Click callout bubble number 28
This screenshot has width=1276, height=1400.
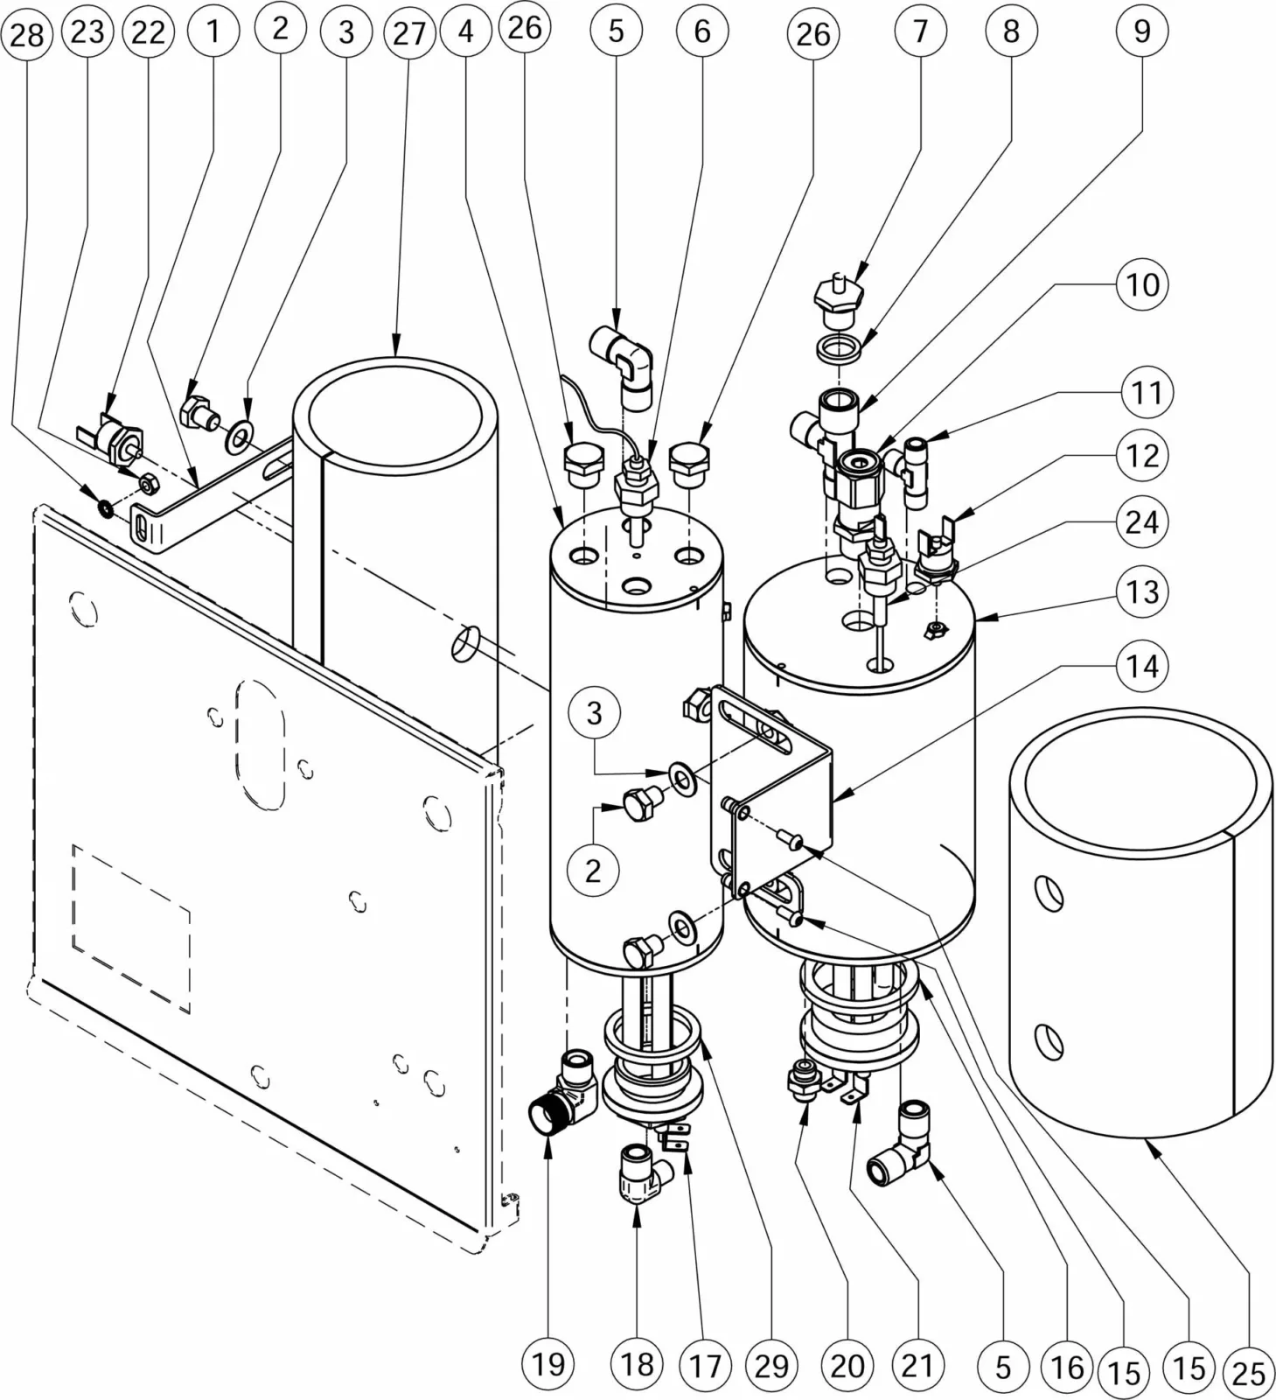[x=27, y=34]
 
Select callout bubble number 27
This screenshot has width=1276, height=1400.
[x=408, y=32]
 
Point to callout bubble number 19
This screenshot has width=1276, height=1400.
[x=548, y=1363]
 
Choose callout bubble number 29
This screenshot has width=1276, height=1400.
[x=771, y=1365]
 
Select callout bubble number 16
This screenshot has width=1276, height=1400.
[x=1067, y=1367]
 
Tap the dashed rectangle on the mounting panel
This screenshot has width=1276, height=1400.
[x=131, y=928]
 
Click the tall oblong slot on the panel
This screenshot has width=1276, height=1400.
[x=260, y=743]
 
